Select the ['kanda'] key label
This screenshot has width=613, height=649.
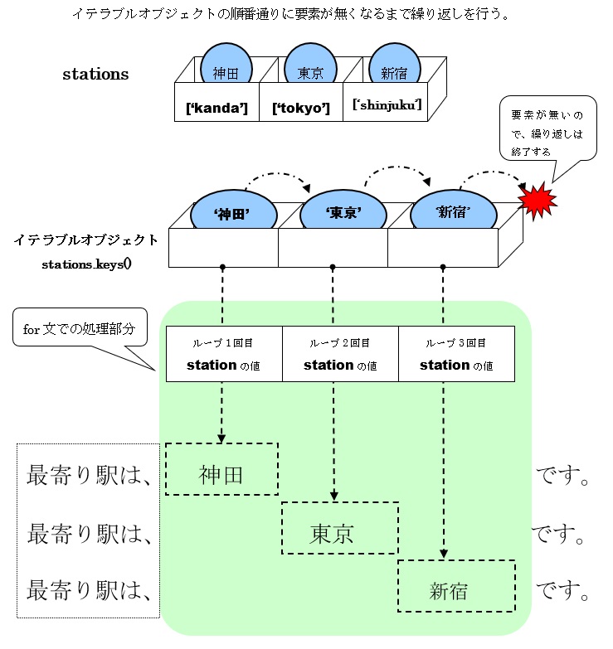pos(217,108)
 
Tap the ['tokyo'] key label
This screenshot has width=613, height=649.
pos(301,108)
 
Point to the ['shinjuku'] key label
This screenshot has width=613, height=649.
pos(387,105)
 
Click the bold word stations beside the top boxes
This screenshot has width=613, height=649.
pos(96,74)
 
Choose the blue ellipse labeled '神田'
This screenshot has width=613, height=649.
pos(232,211)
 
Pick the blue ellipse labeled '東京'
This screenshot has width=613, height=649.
pos(343,211)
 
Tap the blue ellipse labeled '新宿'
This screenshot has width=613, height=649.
pos(452,211)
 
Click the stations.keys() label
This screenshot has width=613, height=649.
pos(87,265)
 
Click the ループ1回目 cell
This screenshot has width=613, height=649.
pos(224,354)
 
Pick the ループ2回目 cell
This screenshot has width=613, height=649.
pos(340,354)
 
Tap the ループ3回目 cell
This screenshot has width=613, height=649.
pos(456,354)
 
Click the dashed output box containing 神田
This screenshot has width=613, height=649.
pos(221,469)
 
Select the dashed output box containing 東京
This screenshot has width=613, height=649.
pos(340,528)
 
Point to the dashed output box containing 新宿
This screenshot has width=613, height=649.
pos(456,586)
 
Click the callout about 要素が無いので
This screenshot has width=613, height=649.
pos(547,128)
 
